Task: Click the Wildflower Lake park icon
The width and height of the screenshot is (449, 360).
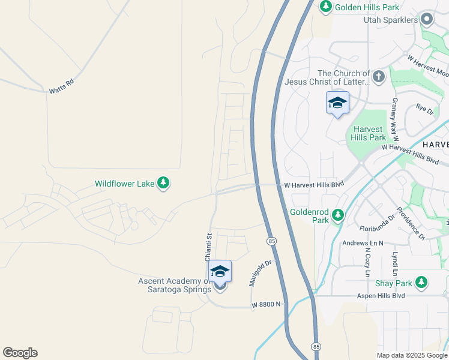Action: click(163, 183)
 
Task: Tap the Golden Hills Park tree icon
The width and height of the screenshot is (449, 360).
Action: click(325, 7)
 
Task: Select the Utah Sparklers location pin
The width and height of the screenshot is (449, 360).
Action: click(427, 20)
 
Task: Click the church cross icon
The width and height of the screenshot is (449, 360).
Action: click(378, 76)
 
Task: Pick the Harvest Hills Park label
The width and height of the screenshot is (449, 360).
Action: click(368, 133)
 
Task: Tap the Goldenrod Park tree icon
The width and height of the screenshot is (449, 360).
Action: click(338, 214)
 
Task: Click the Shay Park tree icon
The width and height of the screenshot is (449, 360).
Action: click(421, 282)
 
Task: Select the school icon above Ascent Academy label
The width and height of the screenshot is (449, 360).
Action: click(220, 272)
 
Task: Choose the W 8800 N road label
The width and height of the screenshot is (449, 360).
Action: click(266, 305)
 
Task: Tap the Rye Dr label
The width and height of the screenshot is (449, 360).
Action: click(424, 109)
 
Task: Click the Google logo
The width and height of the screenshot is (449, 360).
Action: click(20, 352)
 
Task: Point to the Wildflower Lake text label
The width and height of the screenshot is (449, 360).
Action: click(125, 184)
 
